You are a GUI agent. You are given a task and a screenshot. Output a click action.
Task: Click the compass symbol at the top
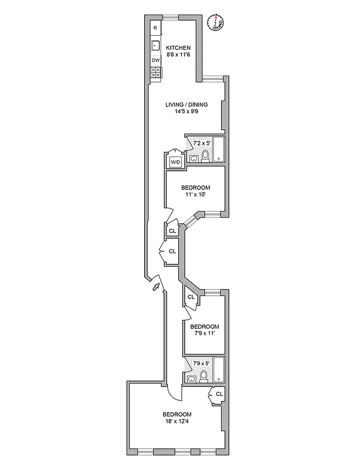point(216,22)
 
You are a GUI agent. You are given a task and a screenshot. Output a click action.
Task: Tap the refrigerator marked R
point(155,28)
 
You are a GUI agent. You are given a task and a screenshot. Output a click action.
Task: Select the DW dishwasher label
point(155,60)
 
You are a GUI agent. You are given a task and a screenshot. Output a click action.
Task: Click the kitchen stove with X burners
point(156,73)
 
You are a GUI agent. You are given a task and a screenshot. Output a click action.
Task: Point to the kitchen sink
point(155,45)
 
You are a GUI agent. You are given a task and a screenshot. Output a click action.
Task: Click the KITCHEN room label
point(178,48)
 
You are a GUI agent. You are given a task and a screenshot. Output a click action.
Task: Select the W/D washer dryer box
point(175,162)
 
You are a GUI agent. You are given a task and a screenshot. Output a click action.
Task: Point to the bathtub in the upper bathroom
point(218,149)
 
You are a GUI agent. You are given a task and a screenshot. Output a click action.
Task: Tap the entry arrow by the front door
point(155,287)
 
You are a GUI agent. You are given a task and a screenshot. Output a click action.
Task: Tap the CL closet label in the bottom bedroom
point(219,394)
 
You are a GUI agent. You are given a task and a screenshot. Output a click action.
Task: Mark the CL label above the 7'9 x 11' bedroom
point(191,297)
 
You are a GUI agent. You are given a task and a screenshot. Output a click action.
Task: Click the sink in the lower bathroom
point(191,379)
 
